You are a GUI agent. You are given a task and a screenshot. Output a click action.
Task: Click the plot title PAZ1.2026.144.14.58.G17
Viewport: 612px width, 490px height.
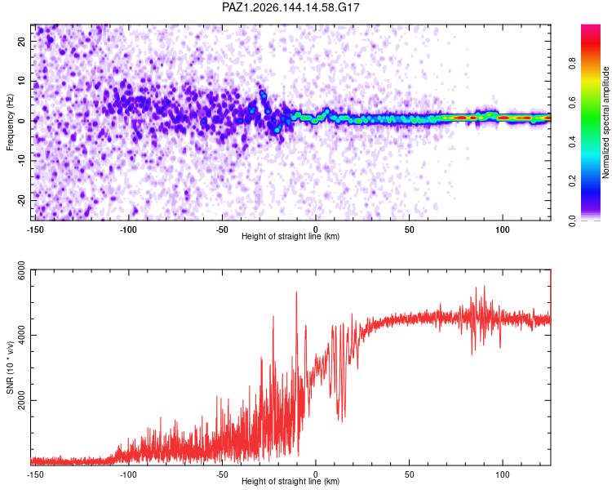pyautogui.click(x=290, y=7)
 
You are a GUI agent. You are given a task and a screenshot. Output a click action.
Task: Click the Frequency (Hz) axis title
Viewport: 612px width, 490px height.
pyautogui.click(x=10, y=122)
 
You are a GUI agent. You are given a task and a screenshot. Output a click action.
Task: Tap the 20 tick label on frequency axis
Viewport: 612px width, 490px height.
pyautogui.click(x=22, y=41)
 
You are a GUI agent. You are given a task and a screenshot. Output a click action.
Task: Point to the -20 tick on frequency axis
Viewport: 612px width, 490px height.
pyautogui.click(x=22, y=201)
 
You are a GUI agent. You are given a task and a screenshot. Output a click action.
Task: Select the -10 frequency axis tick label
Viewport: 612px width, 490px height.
pyautogui.click(x=22, y=161)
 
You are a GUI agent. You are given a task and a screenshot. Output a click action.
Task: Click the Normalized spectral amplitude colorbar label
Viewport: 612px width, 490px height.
pyautogui.click(x=605, y=122)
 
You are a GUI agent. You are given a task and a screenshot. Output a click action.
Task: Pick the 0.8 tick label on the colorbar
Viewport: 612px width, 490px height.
pyautogui.click(x=573, y=64)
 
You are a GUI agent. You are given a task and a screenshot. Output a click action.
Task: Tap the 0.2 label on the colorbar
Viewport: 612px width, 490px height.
pyautogui.click(x=573, y=181)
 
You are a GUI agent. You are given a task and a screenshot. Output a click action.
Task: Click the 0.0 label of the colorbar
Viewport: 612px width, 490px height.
pyautogui.click(x=573, y=220)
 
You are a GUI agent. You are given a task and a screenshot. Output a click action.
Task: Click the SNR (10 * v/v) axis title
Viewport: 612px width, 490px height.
pyautogui.click(x=10, y=367)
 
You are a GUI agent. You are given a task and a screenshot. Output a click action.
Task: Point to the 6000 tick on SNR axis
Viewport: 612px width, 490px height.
pyautogui.click(x=22, y=270)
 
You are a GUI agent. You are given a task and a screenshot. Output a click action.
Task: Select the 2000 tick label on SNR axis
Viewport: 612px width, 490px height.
pyautogui.click(x=22, y=400)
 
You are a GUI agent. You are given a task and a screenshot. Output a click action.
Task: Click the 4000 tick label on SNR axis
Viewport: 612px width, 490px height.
pyautogui.click(x=22, y=336)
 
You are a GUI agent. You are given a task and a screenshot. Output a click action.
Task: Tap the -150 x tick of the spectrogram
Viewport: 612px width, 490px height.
pyautogui.click(x=35, y=229)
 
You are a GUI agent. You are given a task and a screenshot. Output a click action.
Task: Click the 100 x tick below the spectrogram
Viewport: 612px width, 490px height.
pyautogui.click(x=503, y=229)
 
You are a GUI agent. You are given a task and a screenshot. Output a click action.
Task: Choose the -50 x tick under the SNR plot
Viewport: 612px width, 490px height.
pyautogui.click(x=222, y=474)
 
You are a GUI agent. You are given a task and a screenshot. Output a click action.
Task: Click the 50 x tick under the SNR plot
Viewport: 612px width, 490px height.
pyautogui.click(x=409, y=474)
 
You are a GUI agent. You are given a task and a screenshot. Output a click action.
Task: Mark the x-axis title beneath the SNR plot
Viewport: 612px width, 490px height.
pyautogui.click(x=290, y=481)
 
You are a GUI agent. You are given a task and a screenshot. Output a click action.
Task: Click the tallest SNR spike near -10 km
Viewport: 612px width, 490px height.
pyautogui.click(x=296, y=292)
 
